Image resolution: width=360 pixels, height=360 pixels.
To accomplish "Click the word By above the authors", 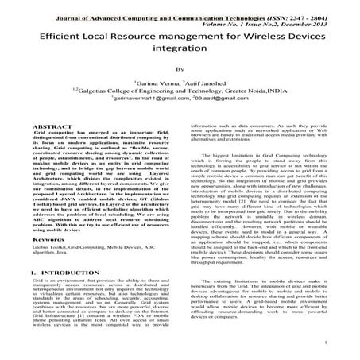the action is click(179, 69).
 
